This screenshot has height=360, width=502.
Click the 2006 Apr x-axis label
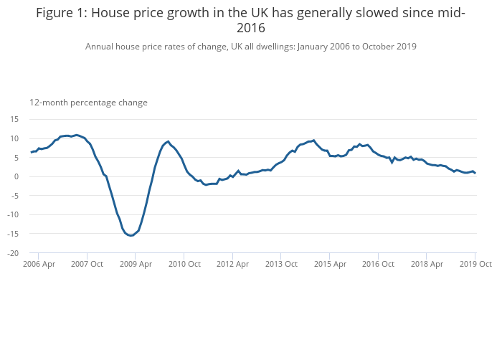[x=39, y=264]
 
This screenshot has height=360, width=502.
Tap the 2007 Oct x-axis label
[x=87, y=264]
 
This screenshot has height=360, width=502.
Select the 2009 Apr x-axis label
[x=136, y=264]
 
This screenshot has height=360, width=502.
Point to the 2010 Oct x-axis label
[x=184, y=264]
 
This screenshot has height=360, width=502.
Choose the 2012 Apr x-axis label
[x=232, y=264]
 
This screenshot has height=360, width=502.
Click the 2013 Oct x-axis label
[x=280, y=264]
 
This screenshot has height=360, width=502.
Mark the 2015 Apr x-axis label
[x=329, y=264]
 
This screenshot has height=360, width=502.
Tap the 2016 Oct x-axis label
[x=377, y=264]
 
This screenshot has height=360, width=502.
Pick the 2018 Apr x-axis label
[x=426, y=264]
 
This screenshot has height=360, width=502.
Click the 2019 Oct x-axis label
[x=475, y=264]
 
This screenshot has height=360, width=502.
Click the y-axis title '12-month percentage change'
[x=88, y=103]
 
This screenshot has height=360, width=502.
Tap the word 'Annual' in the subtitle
[x=100, y=47]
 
